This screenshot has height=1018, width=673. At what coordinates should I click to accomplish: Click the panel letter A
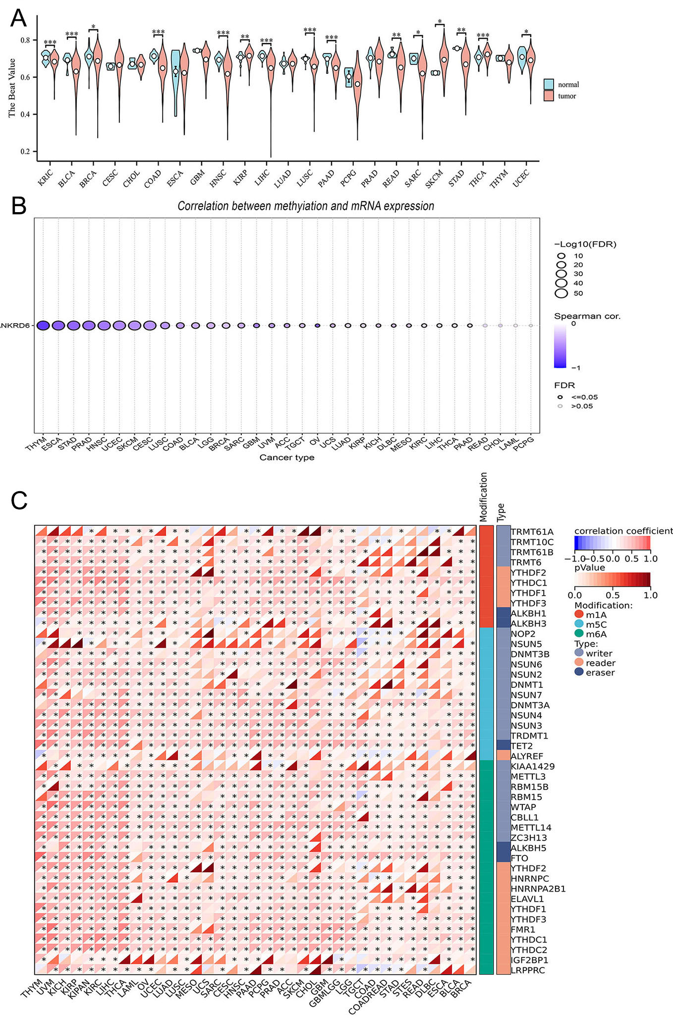[x=18, y=18]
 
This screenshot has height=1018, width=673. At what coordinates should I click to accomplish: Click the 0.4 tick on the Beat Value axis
[x=25, y=114]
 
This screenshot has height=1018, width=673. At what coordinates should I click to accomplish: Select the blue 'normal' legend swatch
[x=549, y=84]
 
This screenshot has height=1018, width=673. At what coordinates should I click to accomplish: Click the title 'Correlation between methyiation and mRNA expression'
[x=306, y=206]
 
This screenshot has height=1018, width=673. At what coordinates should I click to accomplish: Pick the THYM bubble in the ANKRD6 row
[x=43, y=326]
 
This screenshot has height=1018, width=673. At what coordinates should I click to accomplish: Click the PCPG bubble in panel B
[x=531, y=326]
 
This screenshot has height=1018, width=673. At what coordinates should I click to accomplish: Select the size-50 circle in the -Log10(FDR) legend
[x=561, y=293]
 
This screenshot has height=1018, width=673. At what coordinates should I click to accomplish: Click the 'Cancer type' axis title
[x=287, y=457]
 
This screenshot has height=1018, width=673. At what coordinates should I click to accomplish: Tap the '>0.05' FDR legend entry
[x=581, y=406]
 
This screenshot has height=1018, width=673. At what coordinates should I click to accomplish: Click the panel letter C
[x=19, y=501]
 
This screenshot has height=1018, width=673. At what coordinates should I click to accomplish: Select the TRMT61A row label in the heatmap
[x=532, y=532]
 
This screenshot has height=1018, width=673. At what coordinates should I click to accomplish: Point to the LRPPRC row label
[x=528, y=970]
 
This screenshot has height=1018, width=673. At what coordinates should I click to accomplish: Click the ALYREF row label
[x=527, y=756]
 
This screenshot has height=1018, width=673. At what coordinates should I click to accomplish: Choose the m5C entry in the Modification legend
[x=596, y=624]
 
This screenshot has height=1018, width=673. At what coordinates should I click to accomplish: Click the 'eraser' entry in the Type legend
[x=600, y=673]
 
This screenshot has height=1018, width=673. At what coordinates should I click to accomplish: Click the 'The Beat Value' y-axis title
[x=12, y=88]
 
